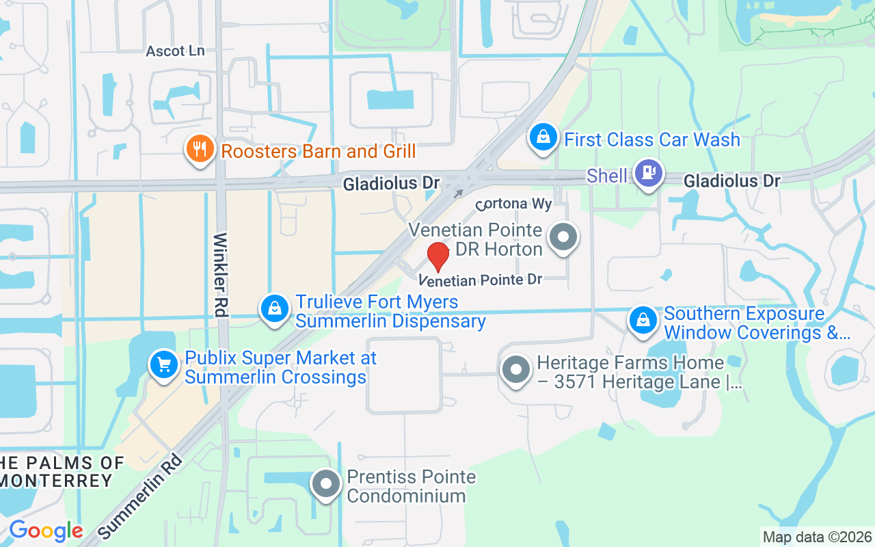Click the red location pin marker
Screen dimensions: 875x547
438,256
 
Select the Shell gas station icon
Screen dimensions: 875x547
647,173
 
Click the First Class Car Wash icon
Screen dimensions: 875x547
543,137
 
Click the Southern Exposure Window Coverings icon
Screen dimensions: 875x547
643,319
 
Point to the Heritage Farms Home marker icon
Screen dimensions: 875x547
516,370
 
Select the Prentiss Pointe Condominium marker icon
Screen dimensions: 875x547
326,483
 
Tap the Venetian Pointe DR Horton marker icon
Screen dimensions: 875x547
563,238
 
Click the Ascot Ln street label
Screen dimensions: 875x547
175,51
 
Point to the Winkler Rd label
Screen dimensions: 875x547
220,274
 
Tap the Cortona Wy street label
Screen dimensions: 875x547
513,204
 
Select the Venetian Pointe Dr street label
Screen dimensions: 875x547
481,280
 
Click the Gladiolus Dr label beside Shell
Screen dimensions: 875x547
731,181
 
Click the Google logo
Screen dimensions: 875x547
46,531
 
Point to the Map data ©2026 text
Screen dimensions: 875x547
817,537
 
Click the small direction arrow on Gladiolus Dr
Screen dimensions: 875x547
459,194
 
